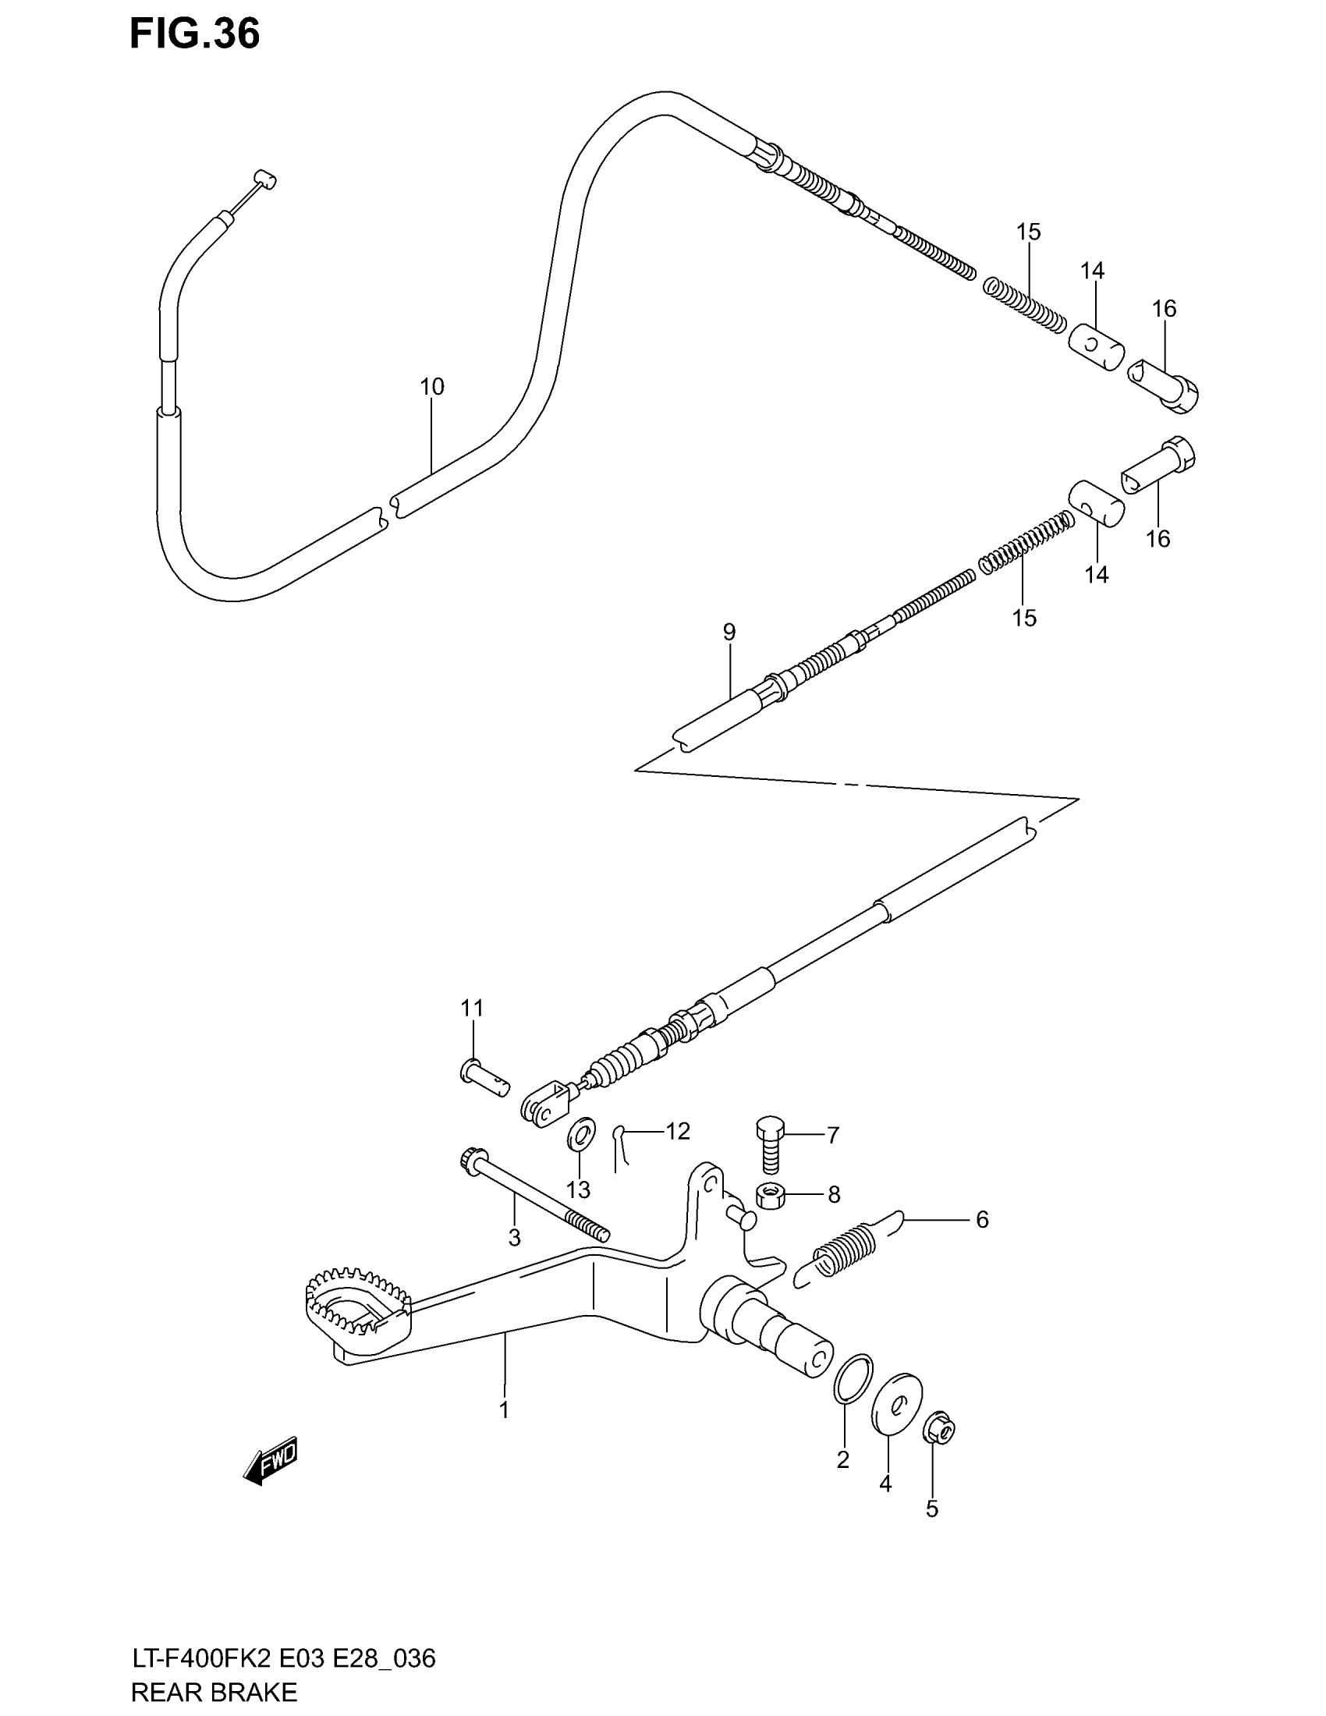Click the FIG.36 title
pos(194,35)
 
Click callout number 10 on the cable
pos(431,387)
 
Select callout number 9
pos(729,632)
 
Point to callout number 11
pos(471,1008)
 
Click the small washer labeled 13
pos(580,1136)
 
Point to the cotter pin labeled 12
pos(621,1148)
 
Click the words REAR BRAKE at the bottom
pos(214,1692)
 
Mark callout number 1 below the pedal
pos(505,1409)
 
